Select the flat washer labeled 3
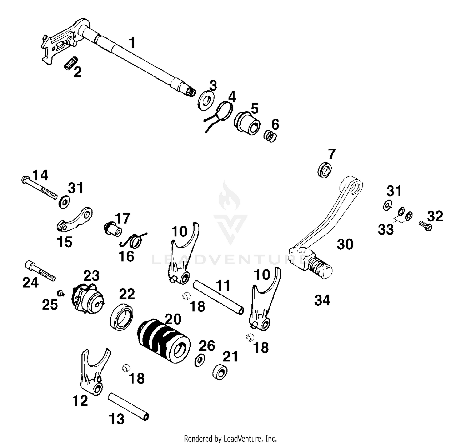click(205, 100)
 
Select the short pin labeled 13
click(128, 406)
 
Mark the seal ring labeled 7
click(325, 170)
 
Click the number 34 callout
click(322, 300)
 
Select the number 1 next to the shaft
click(132, 43)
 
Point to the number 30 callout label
click(345, 244)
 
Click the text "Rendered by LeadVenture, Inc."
click(230, 438)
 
